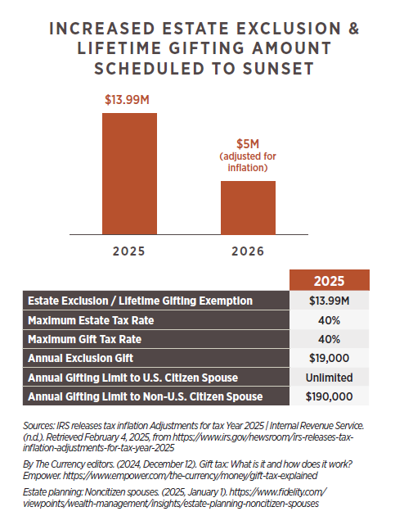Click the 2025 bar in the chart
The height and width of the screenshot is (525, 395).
click(x=129, y=174)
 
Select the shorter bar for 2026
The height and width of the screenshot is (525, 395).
click(x=248, y=207)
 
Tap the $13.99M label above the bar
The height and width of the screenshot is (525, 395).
click(x=127, y=100)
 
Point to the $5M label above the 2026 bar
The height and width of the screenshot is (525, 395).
click(x=248, y=144)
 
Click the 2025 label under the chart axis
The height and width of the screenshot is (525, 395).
click(x=128, y=251)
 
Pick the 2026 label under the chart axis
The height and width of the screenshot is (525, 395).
click(x=248, y=251)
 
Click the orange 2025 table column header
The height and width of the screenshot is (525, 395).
click(x=329, y=280)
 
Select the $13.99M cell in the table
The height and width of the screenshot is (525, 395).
click(x=329, y=301)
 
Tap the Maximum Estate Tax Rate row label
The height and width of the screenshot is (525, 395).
click(x=91, y=320)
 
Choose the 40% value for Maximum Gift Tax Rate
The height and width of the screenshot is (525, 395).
click(x=329, y=339)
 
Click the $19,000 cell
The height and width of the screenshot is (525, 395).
click(x=329, y=358)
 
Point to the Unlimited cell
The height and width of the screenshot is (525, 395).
click(x=329, y=378)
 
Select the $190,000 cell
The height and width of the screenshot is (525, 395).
click(x=329, y=396)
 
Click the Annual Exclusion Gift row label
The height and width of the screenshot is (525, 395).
click(x=80, y=358)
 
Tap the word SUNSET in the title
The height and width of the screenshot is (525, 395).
click(x=278, y=69)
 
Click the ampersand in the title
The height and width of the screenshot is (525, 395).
click(x=353, y=29)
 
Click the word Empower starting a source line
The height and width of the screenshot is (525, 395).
click(x=42, y=476)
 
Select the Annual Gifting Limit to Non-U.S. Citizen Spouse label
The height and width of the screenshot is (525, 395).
click(x=146, y=396)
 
